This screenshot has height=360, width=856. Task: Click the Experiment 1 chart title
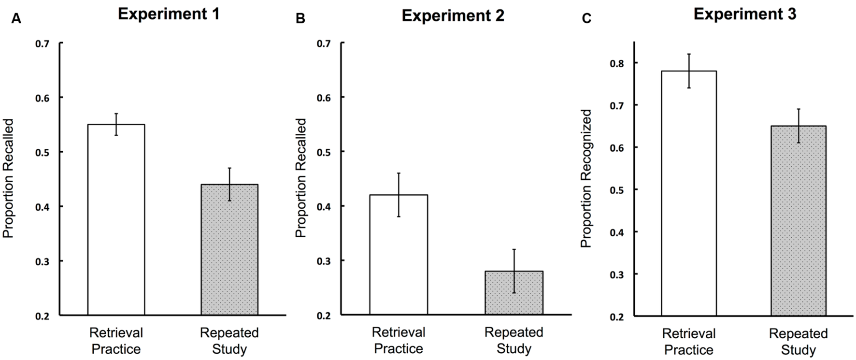(169, 14)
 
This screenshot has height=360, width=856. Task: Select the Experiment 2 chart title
(453, 15)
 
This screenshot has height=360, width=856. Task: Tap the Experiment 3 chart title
(745, 14)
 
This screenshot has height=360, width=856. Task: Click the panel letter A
(16, 19)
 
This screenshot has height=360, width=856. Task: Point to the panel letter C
(586, 19)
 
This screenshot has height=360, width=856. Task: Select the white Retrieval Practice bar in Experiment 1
(116, 220)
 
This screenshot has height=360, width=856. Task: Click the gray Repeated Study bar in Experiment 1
(229, 250)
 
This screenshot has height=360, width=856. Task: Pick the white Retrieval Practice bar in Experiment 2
(399, 255)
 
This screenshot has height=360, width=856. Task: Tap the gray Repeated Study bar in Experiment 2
(514, 293)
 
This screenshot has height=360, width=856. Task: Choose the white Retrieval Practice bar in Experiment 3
(689, 193)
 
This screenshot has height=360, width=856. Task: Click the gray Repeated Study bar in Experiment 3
(799, 221)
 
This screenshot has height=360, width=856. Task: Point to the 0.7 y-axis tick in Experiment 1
(42, 43)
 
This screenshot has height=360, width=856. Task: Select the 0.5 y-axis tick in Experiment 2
(324, 152)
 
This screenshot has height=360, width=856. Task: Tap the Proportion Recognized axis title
(586, 178)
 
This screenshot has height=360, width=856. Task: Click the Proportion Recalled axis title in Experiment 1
(8, 178)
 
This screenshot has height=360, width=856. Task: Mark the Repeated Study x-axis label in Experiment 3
(799, 342)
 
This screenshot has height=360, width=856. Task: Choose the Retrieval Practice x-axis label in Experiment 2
(399, 341)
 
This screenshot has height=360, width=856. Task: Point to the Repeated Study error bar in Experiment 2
(514, 271)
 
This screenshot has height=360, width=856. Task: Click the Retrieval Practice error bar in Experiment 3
(689, 71)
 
